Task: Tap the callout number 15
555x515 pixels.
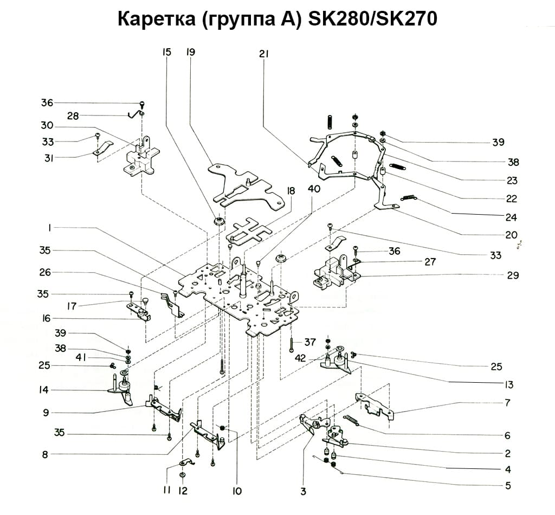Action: [166, 53]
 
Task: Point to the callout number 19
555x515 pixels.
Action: [190, 53]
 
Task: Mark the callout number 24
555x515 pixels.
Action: [511, 217]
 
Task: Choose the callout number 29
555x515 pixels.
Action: [513, 275]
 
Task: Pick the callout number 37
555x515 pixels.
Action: [310, 342]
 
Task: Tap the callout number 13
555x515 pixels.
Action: [508, 385]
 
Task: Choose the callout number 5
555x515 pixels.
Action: [508, 486]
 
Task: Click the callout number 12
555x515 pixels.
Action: [183, 491]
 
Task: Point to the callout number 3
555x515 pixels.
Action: [303, 492]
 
